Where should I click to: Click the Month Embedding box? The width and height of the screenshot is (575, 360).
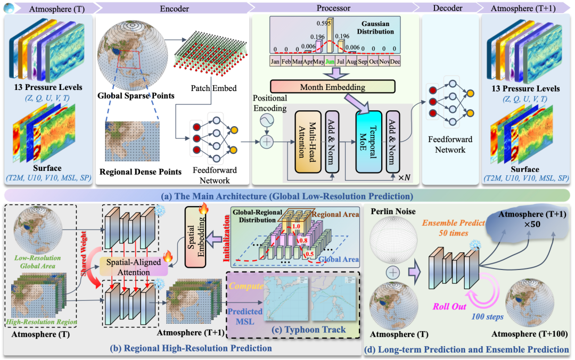click(332, 87)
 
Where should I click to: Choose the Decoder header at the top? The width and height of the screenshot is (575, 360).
click(445, 8)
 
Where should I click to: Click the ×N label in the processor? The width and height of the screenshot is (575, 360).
click(406, 176)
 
